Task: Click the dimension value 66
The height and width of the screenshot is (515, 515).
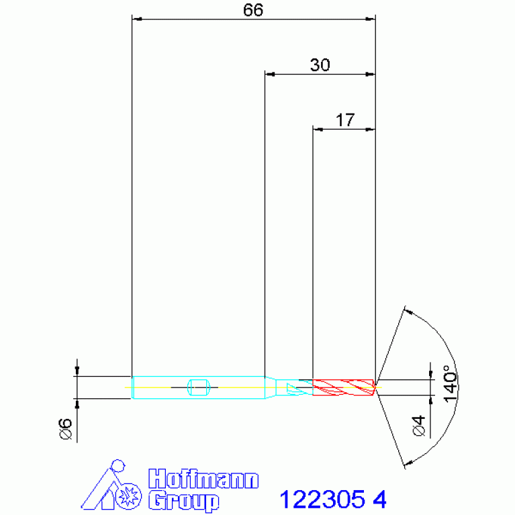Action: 253,10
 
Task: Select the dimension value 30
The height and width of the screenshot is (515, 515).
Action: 320,65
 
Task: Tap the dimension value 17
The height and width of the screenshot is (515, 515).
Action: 345,120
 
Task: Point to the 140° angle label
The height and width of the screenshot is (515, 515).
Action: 451,383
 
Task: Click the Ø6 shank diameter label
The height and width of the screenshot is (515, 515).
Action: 65,428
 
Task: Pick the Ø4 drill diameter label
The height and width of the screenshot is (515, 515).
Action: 419,426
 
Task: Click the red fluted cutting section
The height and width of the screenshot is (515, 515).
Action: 344,387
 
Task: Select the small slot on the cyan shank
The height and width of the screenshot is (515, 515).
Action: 198,387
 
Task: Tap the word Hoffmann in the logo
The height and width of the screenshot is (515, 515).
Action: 203,479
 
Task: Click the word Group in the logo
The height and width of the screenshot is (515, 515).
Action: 183,500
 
